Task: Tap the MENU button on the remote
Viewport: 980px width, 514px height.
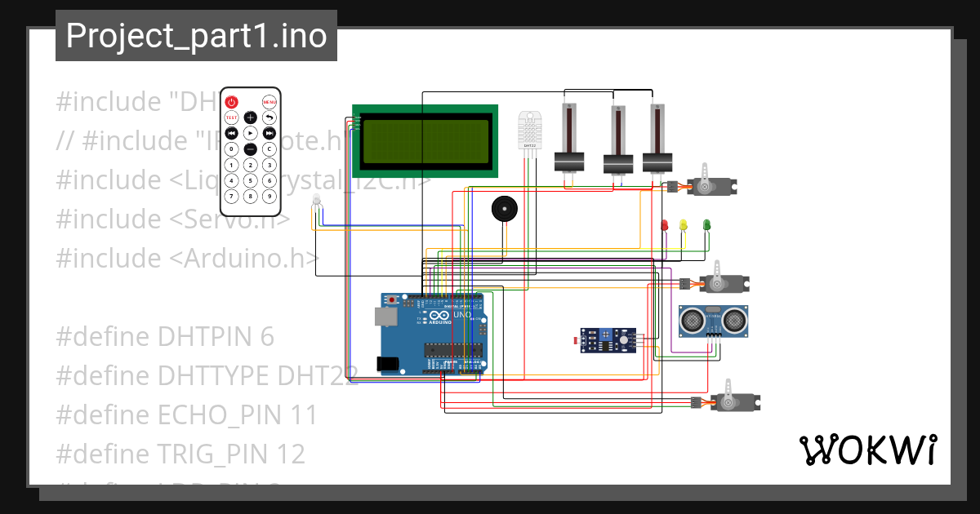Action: (x=269, y=102)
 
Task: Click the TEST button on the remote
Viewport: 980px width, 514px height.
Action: (x=231, y=117)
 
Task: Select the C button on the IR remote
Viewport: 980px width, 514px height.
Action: (x=269, y=149)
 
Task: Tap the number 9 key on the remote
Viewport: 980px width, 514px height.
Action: (x=269, y=196)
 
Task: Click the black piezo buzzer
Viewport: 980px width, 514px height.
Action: (x=504, y=209)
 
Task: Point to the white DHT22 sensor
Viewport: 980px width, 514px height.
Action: (x=530, y=131)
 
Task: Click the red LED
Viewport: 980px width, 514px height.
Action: (x=664, y=224)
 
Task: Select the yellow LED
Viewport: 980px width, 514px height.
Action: (x=684, y=224)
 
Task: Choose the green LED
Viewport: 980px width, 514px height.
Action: (x=707, y=224)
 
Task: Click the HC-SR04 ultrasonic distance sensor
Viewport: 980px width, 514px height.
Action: (x=712, y=320)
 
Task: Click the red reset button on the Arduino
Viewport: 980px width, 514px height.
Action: (x=393, y=300)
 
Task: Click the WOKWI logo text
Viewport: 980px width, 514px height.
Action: (x=867, y=450)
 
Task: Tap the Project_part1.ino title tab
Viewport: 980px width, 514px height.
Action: (x=196, y=36)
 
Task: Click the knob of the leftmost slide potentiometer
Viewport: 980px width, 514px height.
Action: (x=569, y=161)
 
